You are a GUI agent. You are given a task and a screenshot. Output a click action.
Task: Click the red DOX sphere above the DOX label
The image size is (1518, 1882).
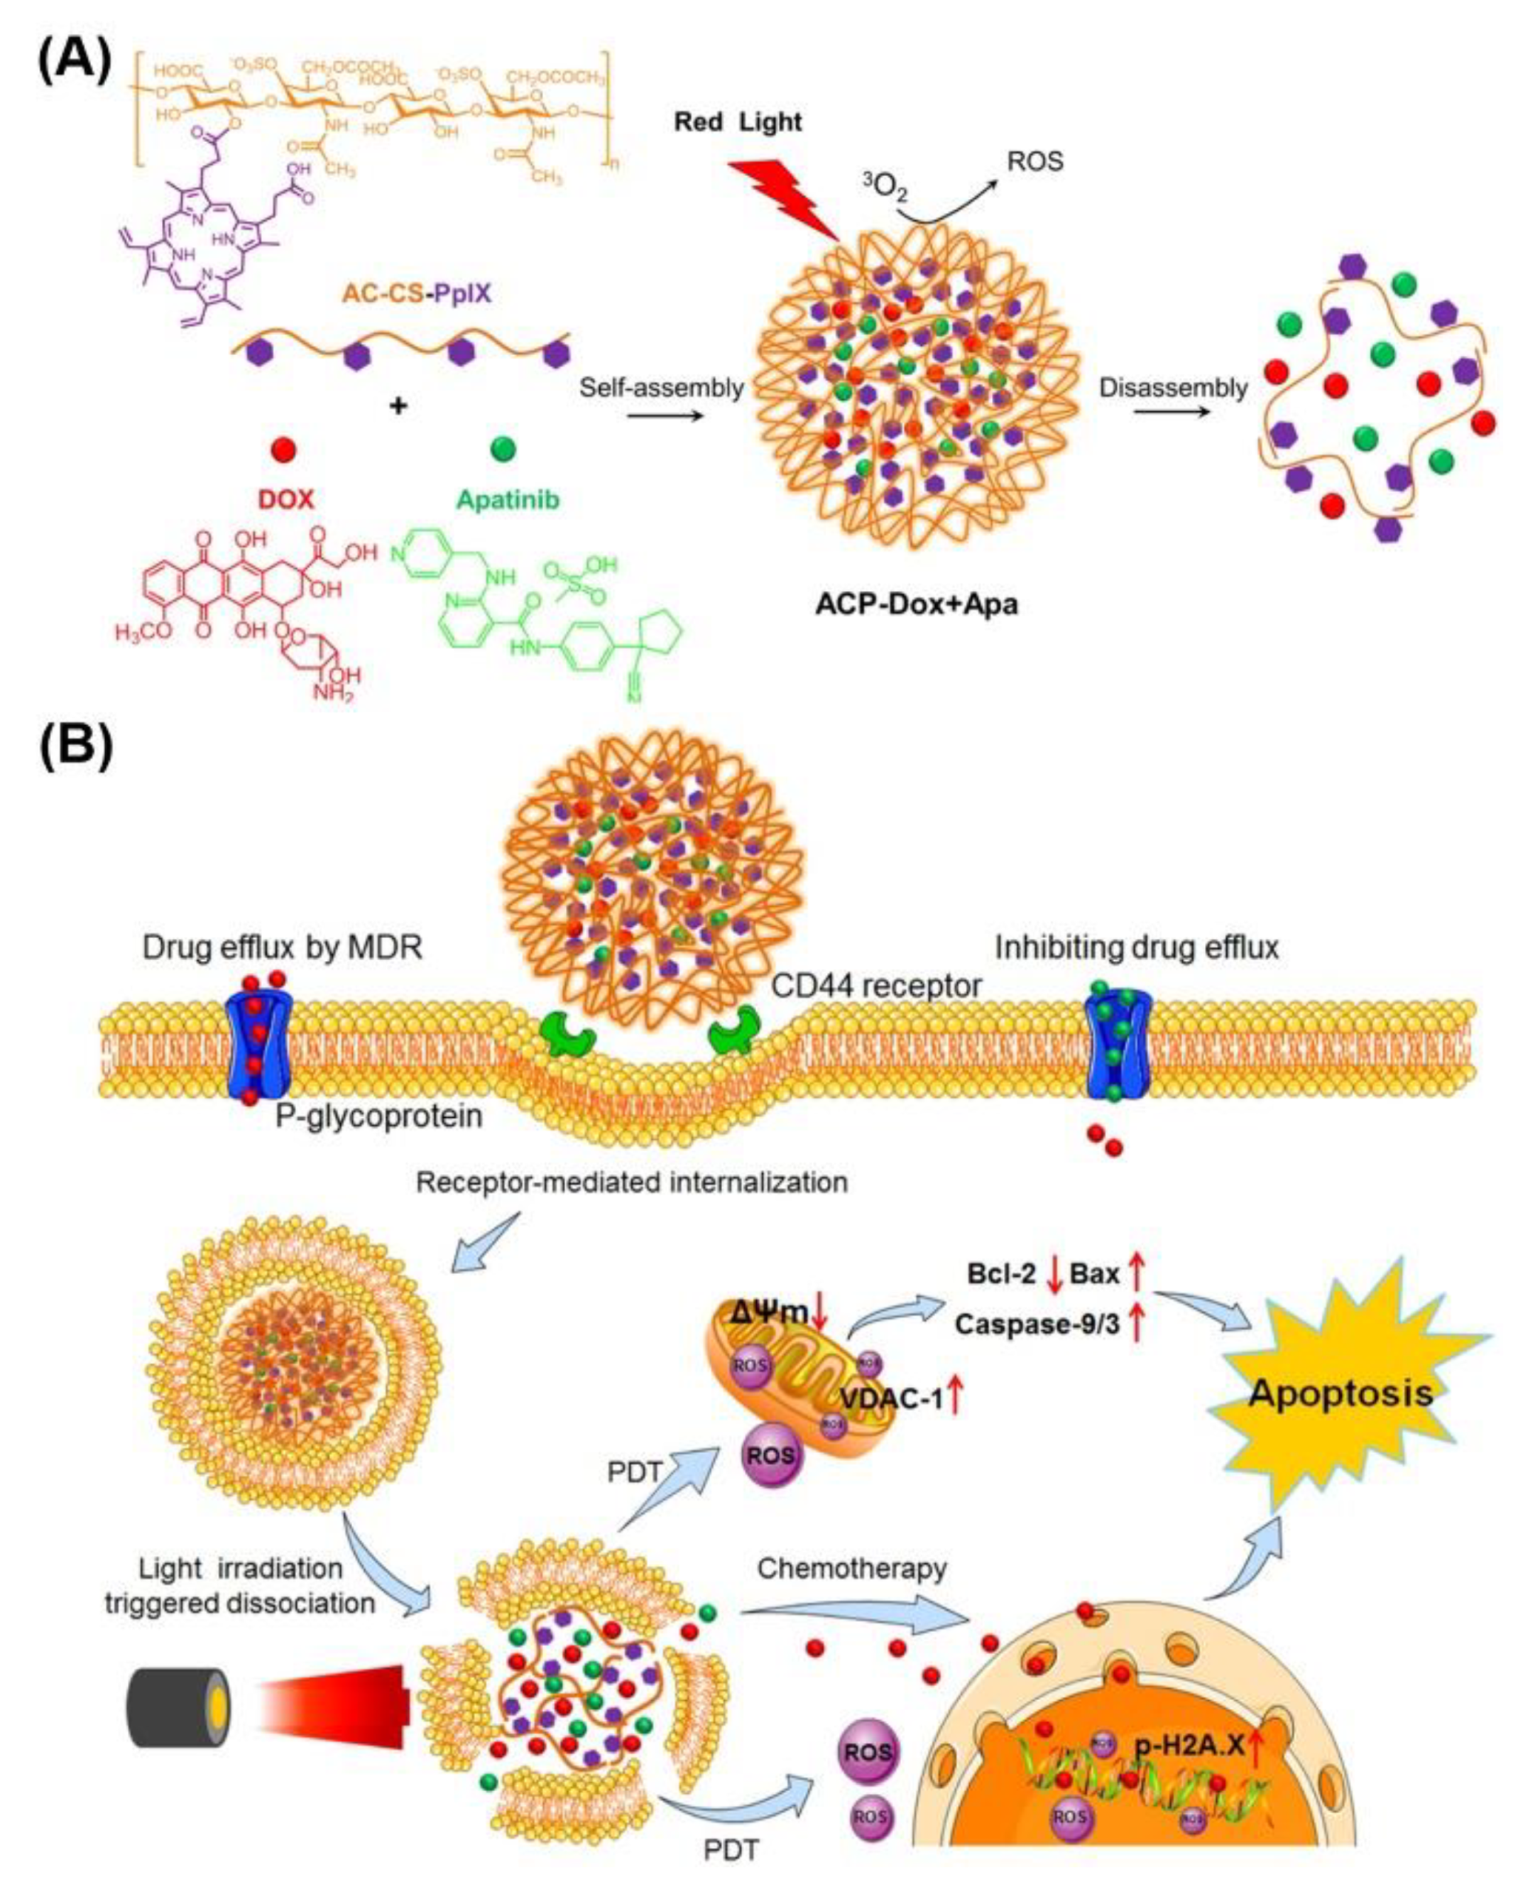tap(283, 450)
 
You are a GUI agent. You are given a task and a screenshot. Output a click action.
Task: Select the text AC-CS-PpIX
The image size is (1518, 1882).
tap(415, 293)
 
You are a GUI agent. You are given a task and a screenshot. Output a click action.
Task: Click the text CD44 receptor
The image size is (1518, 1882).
tap(876, 986)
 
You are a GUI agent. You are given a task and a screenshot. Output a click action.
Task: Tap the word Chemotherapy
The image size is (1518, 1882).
tap(852, 1568)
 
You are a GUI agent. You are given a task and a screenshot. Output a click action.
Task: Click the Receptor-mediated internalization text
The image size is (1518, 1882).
tap(631, 1182)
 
